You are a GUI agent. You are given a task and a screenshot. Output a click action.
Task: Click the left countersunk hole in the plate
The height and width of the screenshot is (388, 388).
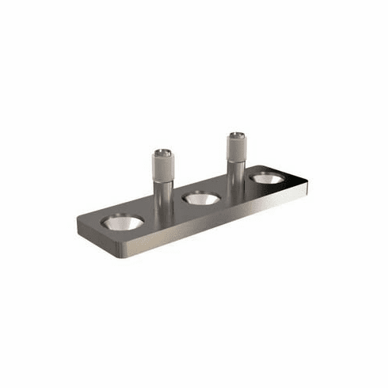click(122, 223)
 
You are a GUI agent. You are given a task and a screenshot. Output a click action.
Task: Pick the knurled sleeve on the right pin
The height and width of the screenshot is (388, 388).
click(235, 150)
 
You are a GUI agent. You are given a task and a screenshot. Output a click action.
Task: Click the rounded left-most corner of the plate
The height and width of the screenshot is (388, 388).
click(80, 224)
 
